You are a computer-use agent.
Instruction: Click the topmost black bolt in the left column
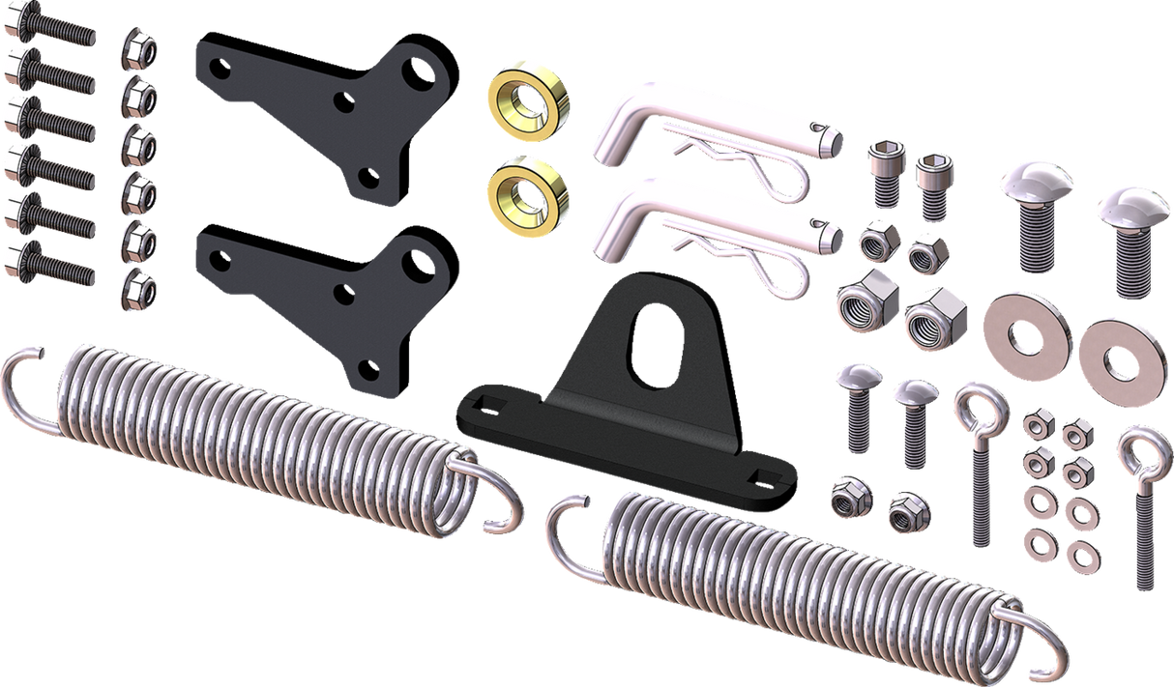pos(48,33)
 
